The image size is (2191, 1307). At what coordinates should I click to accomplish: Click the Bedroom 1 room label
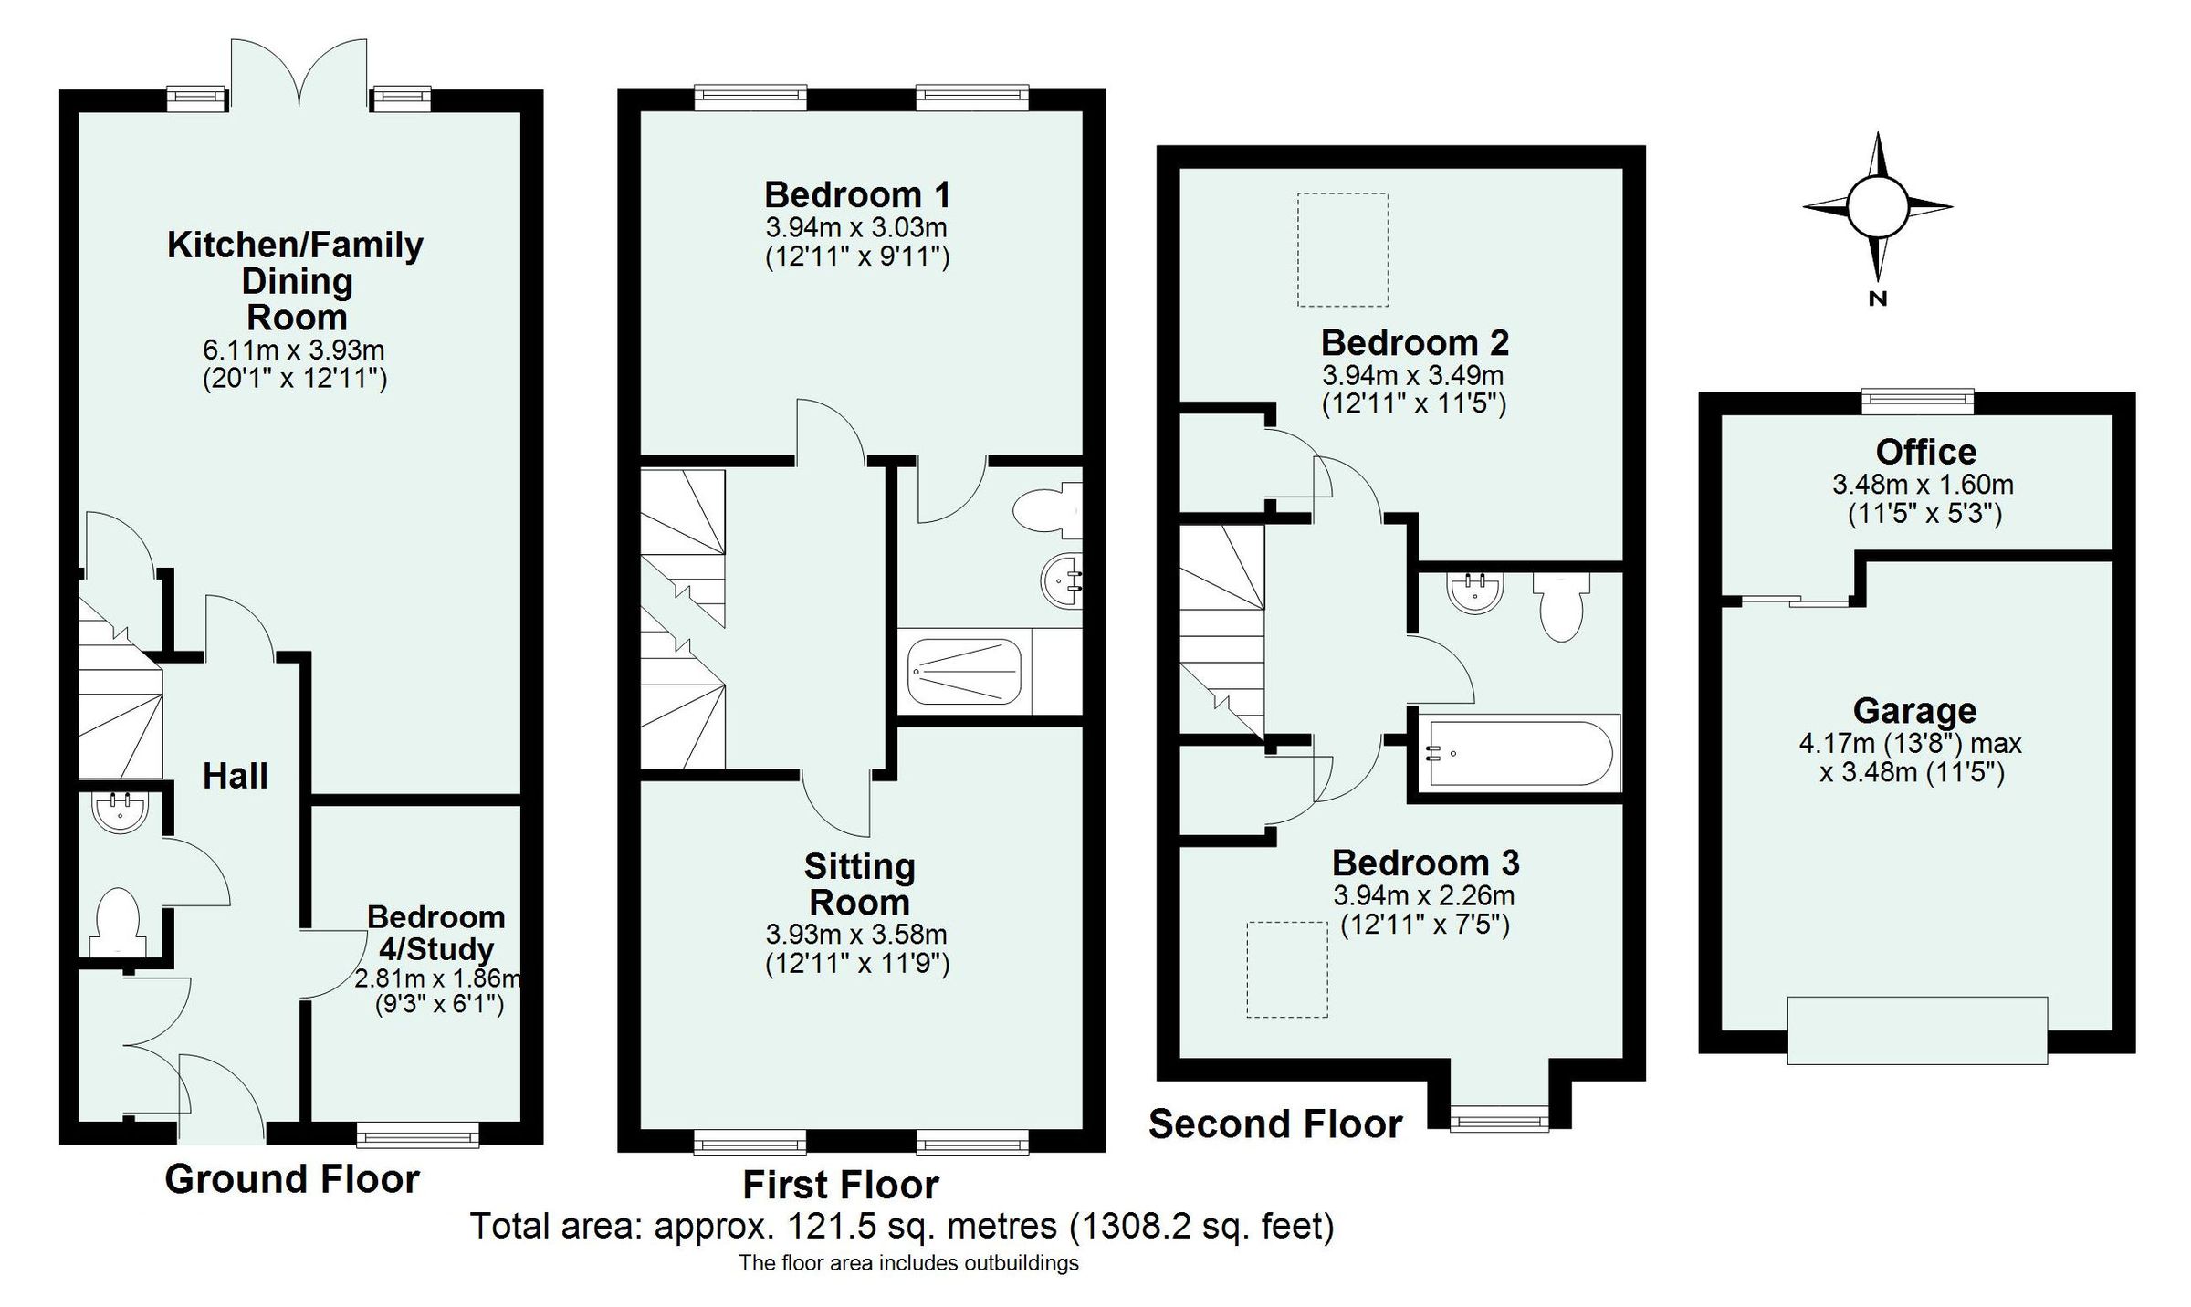pyautogui.click(x=856, y=195)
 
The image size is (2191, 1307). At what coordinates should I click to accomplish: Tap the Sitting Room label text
pyautogui.click(x=859, y=884)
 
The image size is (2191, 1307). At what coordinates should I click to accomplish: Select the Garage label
pyautogui.click(x=1914, y=710)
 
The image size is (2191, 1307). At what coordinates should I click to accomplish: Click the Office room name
pyautogui.click(x=1925, y=452)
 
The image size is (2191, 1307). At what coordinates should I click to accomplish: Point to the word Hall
pyautogui.click(x=235, y=777)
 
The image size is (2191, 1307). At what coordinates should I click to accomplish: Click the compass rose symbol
pyautogui.click(x=1877, y=206)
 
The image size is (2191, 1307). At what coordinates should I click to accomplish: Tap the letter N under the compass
pyautogui.click(x=1877, y=298)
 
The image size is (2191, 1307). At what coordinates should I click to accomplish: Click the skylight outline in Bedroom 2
pyautogui.click(x=1342, y=249)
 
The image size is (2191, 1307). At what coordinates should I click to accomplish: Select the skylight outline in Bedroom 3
pyautogui.click(x=1287, y=969)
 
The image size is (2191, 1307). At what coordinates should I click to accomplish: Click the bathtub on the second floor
pyautogui.click(x=1518, y=754)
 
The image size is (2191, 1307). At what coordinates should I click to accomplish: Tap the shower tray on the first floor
pyautogui.click(x=964, y=672)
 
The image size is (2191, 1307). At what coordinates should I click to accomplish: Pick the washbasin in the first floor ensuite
pyautogui.click(x=1060, y=579)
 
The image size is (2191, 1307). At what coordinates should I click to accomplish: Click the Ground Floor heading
pyautogui.click(x=292, y=1179)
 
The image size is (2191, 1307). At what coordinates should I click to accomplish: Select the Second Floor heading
pyautogui.click(x=1274, y=1124)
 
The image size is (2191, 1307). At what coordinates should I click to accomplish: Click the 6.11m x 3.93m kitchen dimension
pyautogui.click(x=294, y=350)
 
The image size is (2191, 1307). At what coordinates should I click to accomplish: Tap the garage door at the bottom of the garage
pyautogui.click(x=1917, y=1030)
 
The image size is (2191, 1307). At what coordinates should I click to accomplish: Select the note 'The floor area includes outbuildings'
pyautogui.click(x=908, y=1263)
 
